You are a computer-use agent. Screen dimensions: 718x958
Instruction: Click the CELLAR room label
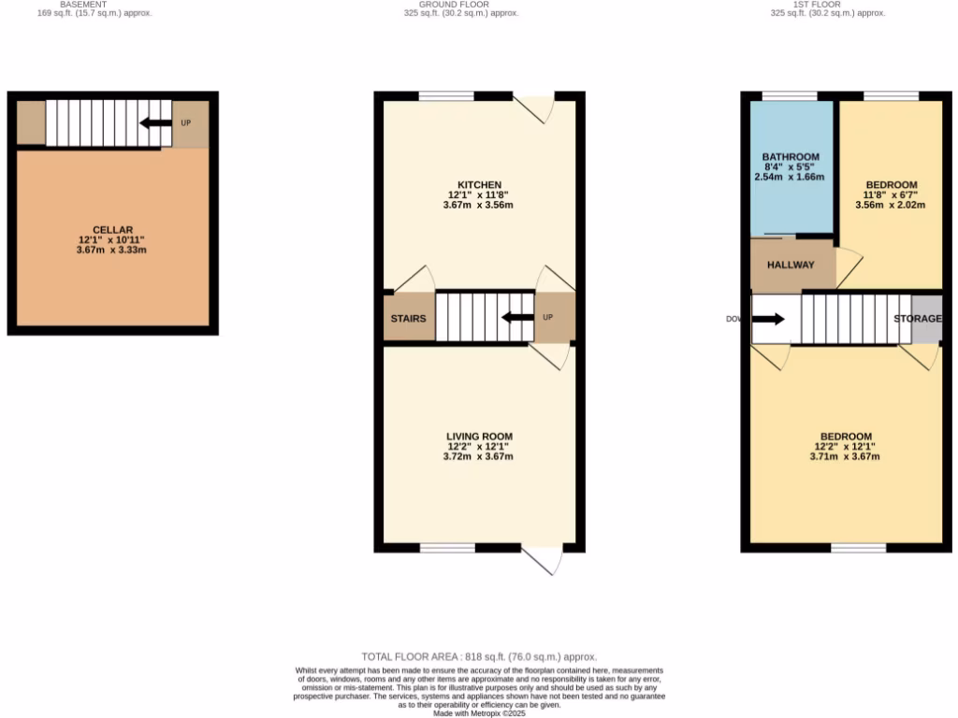click(x=112, y=230)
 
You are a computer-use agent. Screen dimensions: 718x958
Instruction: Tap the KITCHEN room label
click(x=480, y=184)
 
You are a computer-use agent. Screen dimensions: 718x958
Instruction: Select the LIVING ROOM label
click(x=480, y=437)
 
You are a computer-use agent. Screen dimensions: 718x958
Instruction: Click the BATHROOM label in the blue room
click(x=791, y=157)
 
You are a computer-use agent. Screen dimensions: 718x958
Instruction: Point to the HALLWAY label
click(x=791, y=265)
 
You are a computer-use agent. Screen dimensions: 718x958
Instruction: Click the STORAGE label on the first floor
click(x=918, y=319)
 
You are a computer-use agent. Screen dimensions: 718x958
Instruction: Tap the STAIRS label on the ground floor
click(x=408, y=319)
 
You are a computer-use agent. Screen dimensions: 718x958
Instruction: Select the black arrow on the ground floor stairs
click(x=517, y=317)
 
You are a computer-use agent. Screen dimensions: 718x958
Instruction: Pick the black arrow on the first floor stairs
click(x=768, y=319)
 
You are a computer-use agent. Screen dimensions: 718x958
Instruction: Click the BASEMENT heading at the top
click(x=83, y=5)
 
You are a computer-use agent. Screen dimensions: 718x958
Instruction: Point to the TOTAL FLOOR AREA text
click(x=478, y=657)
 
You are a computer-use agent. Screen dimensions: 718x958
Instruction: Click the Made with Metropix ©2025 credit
click(x=479, y=713)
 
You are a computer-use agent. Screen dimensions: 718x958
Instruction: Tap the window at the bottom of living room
click(x=447, y=548)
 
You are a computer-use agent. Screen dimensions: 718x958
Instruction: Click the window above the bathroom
click(x=790, y=95)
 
